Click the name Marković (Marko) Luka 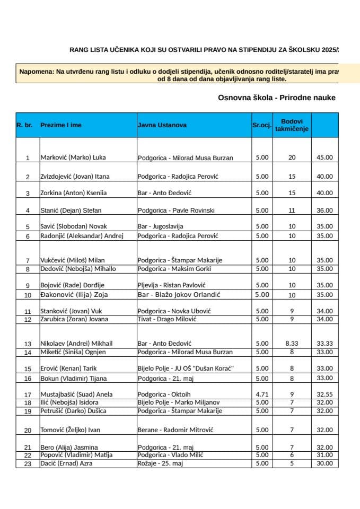coord(69,157)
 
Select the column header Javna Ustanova coord(162,125)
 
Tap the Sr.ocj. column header coord(262,125)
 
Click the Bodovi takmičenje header coord(292,125)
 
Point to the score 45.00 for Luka coord(324,157)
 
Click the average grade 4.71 coord(262,394)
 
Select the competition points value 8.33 coord(292,344)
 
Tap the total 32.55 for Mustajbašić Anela coord(324,394)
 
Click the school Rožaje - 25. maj coord(160,463)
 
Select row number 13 coord(28,344)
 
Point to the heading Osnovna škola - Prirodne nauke coord(277,98)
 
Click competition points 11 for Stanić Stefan coord(292,210)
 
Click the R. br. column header coord(25,125)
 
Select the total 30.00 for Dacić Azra coord(324,463)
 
